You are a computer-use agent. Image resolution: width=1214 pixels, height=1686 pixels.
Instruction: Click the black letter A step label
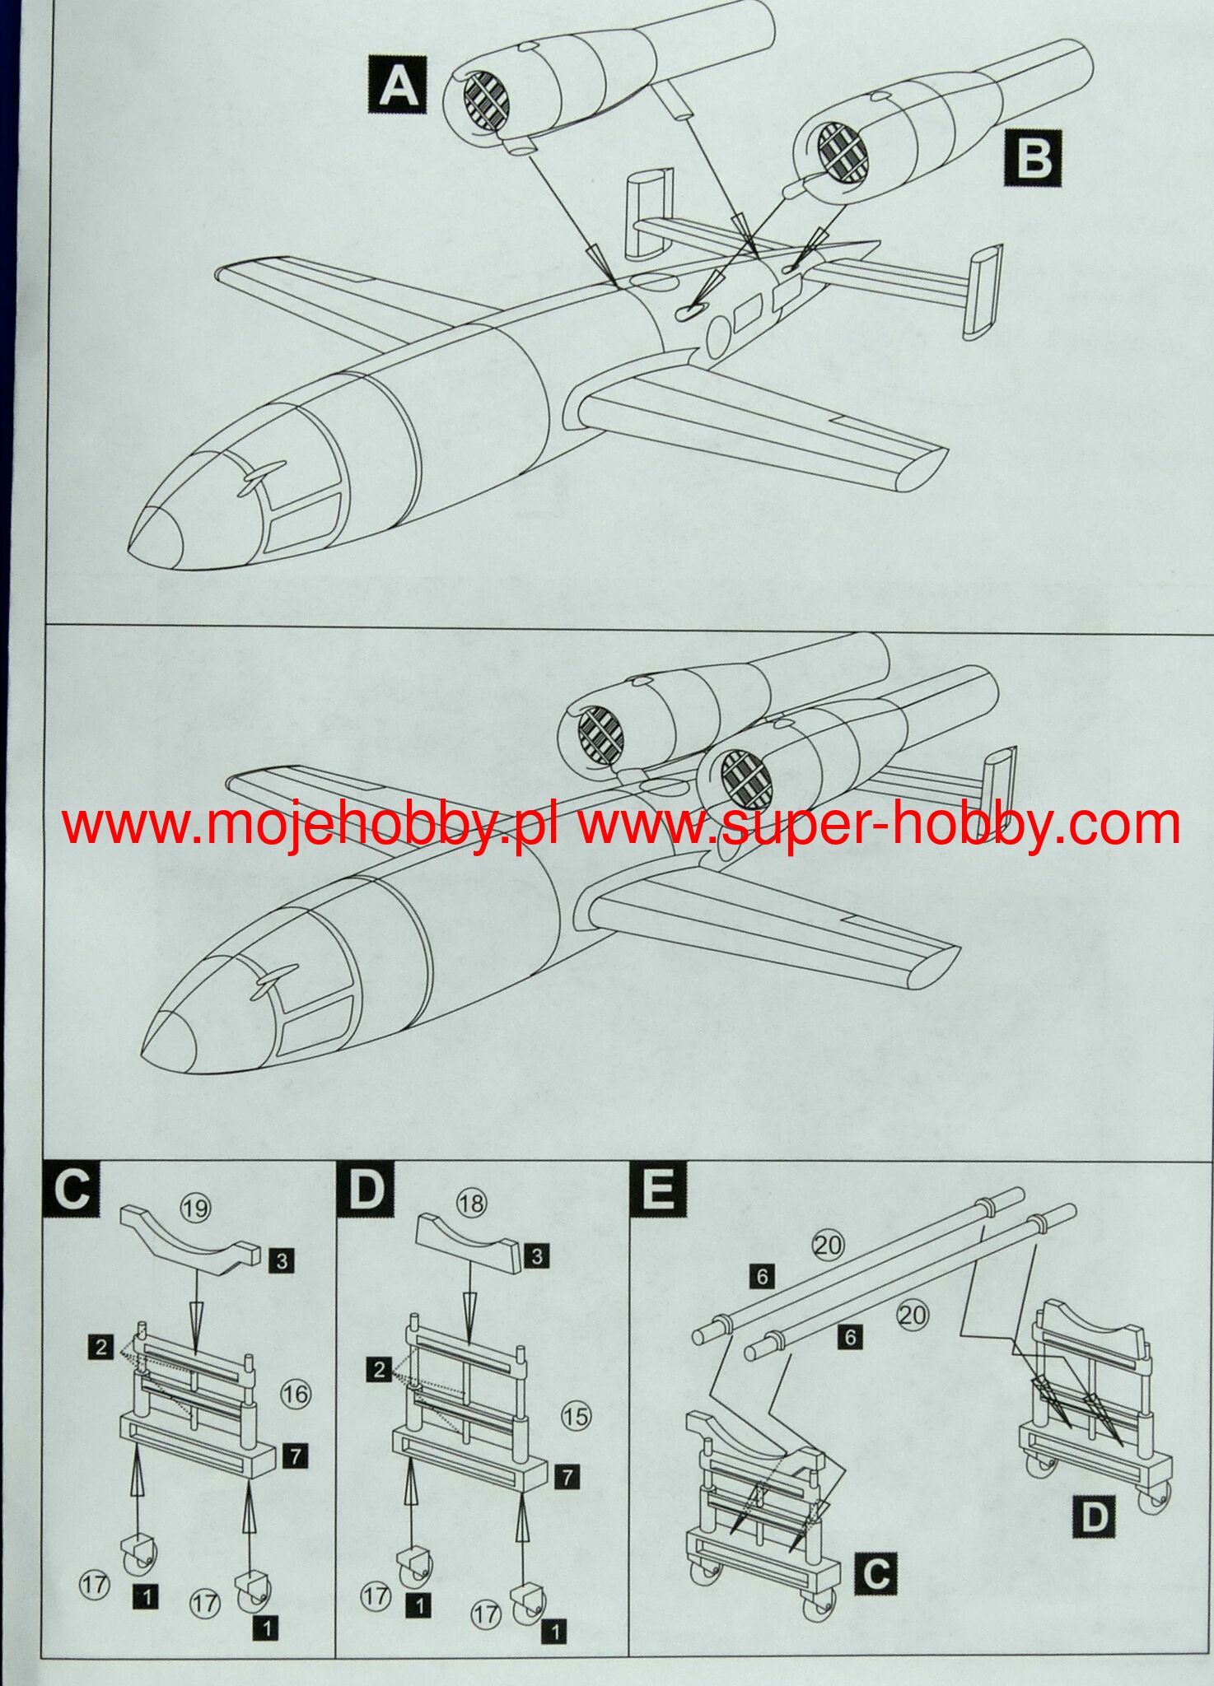397,85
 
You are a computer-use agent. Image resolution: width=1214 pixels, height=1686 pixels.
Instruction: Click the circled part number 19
195,1209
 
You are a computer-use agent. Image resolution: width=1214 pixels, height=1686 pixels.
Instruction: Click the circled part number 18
472,1204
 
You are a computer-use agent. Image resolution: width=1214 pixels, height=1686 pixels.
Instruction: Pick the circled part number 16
296,1394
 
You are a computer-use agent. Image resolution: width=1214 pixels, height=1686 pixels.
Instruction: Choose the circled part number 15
576,1416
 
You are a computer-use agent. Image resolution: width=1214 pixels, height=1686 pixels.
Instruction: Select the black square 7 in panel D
567,1477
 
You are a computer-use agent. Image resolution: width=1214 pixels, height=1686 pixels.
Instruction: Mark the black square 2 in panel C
101,1347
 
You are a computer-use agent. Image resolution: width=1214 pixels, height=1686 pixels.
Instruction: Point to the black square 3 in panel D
538,1256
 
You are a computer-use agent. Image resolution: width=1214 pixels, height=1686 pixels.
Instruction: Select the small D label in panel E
1095,1517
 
